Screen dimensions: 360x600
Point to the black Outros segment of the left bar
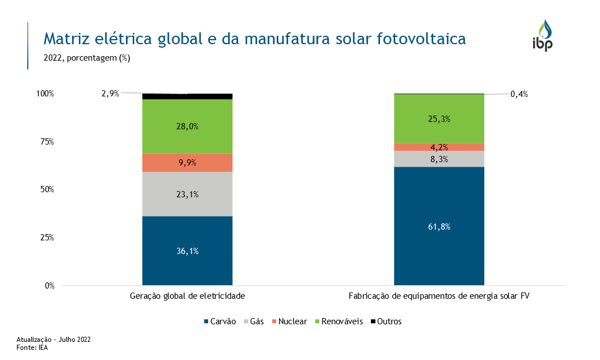187,96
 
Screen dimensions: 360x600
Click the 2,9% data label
111,94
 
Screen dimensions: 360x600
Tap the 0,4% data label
519,94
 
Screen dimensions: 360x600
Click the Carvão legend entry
219,321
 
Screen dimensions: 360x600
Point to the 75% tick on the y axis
47,142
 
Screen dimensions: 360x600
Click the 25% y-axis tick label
47,238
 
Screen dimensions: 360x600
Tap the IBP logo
543,35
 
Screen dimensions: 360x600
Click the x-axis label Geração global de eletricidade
187,296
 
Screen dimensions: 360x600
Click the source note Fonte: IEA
32,348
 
